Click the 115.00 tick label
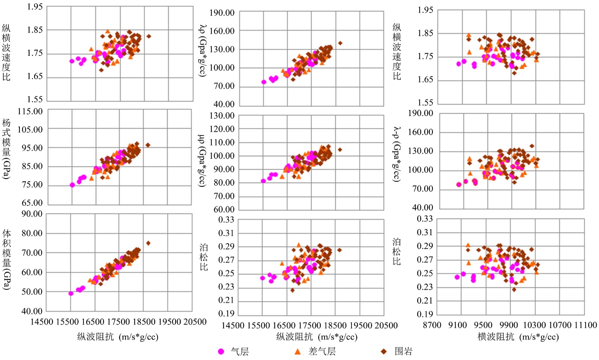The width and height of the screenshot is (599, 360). click(x=30, y=111)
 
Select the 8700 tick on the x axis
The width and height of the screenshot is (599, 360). click(x=432, y=325)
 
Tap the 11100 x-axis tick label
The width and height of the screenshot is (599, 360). click(x=585, y=325)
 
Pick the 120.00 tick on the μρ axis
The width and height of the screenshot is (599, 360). click(x=222, y=129)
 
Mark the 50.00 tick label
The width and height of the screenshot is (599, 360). click(x=32, y=292)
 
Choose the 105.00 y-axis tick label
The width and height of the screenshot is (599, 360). click(x=30, y=129)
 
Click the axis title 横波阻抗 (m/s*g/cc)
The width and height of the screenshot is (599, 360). click(x=518, y=337)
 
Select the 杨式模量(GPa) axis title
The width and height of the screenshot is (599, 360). click(x=6, y=149)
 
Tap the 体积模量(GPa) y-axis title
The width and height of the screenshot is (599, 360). click(x=6, y=260)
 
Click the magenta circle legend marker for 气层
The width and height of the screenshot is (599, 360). click(x=221, y=351)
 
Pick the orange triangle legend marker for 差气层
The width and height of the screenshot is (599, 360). click(x=298, y=351)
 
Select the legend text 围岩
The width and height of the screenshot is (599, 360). click(x=404, y=351)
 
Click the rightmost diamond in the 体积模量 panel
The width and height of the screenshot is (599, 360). click(x=148, y=243)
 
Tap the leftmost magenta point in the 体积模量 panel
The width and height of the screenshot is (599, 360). click(x=71, y=294)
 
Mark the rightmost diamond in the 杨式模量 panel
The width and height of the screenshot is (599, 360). click(x=148, y=145)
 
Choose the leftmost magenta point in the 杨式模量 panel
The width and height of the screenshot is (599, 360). click(x=72, y=185)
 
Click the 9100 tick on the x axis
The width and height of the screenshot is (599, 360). click(x=457, y=325)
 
